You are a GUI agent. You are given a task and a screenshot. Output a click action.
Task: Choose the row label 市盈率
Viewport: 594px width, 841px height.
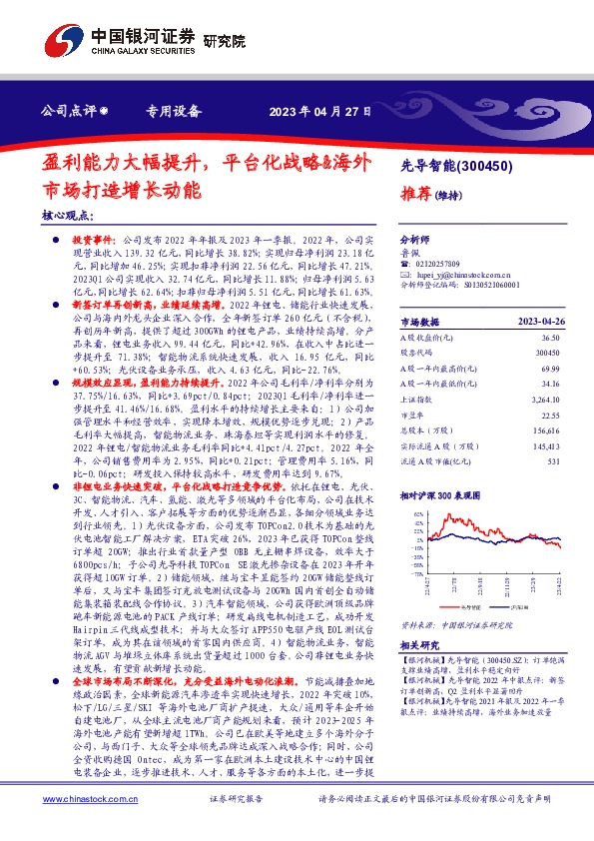tap(413, 418)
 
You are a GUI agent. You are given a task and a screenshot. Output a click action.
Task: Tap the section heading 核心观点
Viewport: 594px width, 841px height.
tap(68, 215)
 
